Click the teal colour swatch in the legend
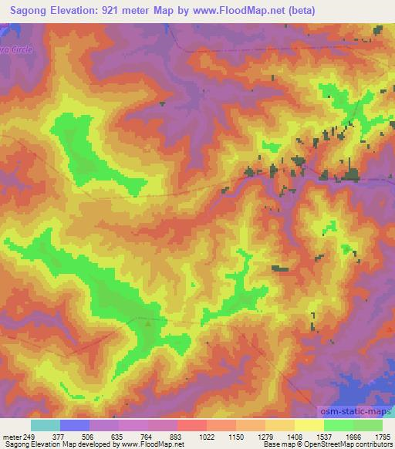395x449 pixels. point(46,424)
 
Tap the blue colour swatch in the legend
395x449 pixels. point(75,424)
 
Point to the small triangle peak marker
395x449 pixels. point(149,322)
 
